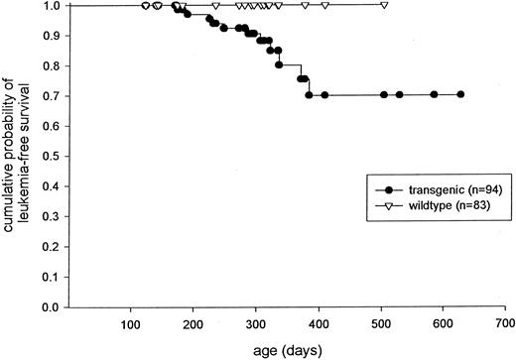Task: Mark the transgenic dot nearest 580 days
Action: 434,95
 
